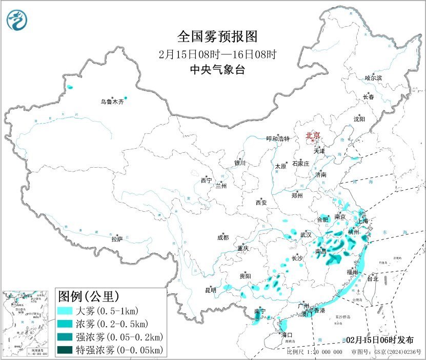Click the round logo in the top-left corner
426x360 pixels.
[17, 19]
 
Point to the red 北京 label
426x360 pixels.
[313, 136]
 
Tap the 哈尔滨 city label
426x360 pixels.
[373, 78]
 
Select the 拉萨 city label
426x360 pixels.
[117, 239]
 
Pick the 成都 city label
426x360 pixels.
[223, 237]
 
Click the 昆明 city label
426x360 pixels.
[211, 290]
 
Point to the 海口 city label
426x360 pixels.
[287, 335]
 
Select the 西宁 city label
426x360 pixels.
[206, 181]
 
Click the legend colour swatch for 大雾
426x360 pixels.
[65, 311]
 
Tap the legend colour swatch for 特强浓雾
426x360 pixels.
[65, 350]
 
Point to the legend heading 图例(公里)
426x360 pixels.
[89, 296]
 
